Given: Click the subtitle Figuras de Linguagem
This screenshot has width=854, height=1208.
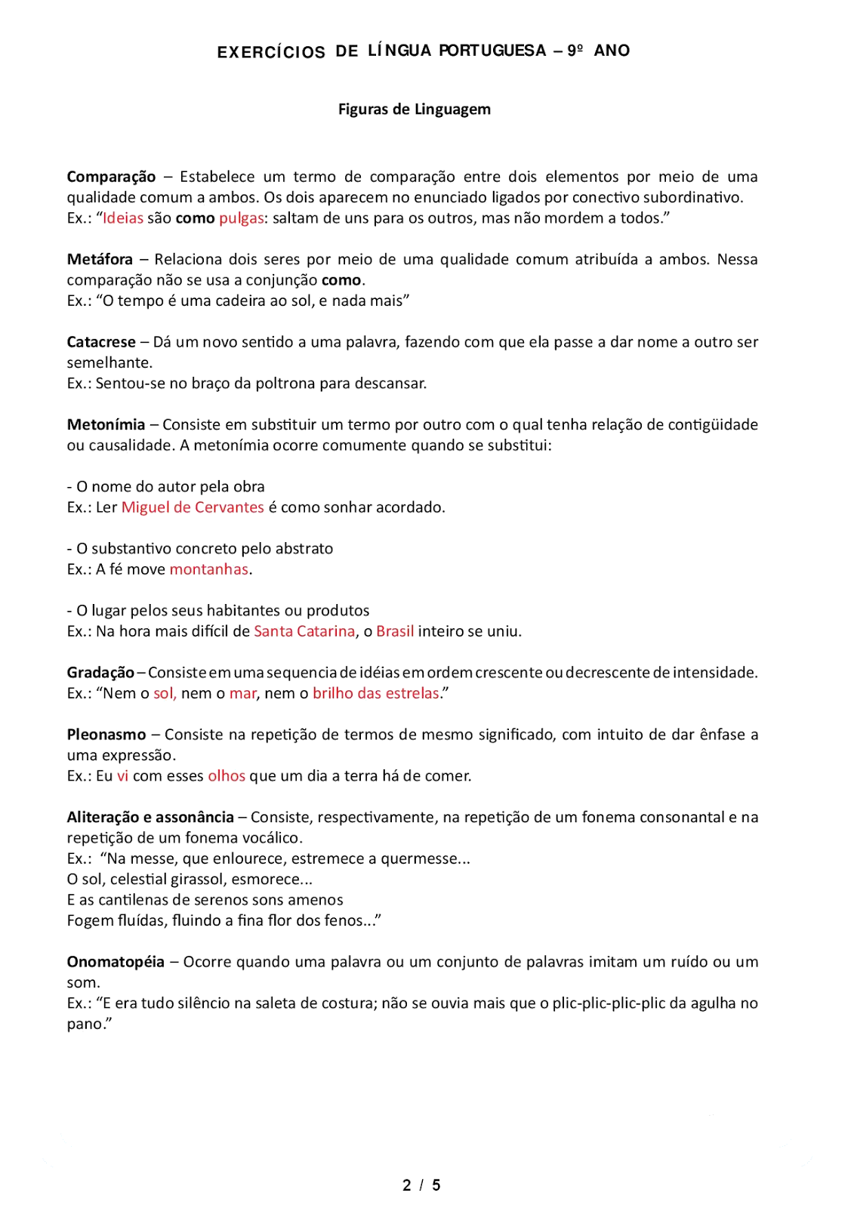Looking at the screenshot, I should point(414,109).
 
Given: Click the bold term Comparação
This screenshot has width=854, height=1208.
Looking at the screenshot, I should point(111,177).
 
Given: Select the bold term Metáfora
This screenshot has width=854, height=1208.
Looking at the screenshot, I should point(100,260).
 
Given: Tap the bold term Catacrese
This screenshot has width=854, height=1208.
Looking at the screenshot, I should point(101,342).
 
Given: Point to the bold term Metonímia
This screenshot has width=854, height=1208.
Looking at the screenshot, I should point(106,425).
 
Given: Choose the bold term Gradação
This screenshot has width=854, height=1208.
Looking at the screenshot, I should point(100,673).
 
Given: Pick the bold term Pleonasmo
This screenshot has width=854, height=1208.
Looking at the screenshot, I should point(106,735).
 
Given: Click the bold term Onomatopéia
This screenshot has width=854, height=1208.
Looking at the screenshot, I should point(116,962).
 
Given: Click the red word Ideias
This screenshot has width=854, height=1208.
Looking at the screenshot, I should point(123,218).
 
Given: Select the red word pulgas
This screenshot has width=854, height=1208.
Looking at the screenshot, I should point(242,218).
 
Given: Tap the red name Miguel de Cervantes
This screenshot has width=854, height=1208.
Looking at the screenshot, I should point(193,507).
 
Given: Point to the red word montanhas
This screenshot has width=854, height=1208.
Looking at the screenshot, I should point(209,569).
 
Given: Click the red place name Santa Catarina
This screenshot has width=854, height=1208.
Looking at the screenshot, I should point(304,631).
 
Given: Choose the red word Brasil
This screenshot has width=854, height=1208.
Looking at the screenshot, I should point(395,631).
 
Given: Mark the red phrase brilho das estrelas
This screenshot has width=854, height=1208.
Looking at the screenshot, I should point(376,693).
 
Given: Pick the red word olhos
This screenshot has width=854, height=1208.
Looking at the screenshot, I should point(227,776).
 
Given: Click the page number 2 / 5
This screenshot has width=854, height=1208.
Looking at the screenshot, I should point(421,1185).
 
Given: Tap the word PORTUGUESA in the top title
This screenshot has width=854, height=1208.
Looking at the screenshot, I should point(492,51).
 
